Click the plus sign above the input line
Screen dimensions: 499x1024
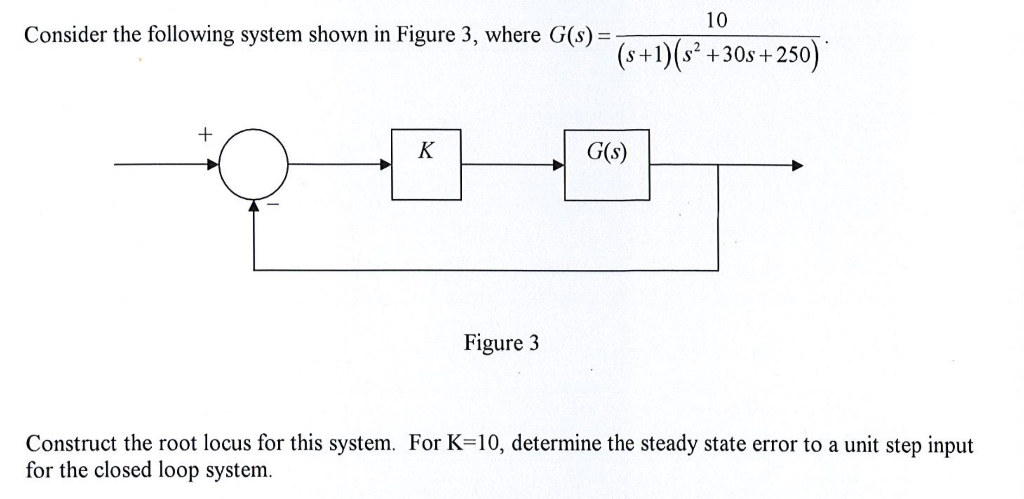pos(207,131)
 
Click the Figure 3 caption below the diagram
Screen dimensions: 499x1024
pos(501,343)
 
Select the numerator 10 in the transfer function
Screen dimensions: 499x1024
pos(716,19)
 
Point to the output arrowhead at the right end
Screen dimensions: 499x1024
pos(797,166)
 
